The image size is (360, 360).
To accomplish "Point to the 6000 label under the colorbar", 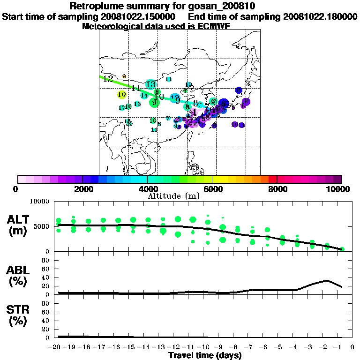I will click(212, 189).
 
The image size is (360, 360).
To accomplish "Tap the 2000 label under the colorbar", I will click(82, 189).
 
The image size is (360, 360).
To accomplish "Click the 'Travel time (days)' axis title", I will click(205, 356).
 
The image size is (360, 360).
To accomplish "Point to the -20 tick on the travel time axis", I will click(56, 347).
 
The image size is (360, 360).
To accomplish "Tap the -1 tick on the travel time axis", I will click(340, 347).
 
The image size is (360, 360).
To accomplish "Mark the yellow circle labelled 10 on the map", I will click(122, 95).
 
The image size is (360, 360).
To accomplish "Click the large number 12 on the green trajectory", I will click(108, 79).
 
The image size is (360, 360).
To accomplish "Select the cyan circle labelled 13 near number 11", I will click(150, 84).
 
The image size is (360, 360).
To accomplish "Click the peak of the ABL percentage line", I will click(327, 280).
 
